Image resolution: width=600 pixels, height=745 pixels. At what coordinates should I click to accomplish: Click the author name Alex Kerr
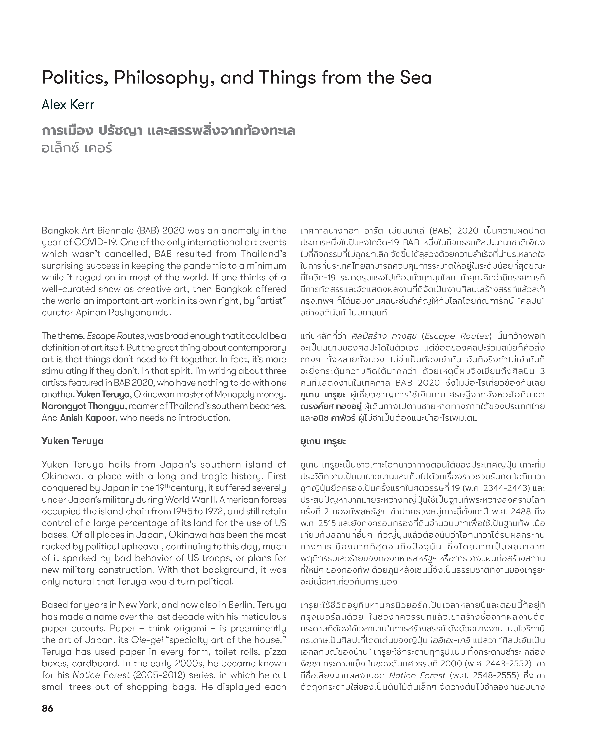pyautogui.click(x=68, y=104)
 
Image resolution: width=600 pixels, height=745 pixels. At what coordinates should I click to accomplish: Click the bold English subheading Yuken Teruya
pyautogui.click(x=73, y=441)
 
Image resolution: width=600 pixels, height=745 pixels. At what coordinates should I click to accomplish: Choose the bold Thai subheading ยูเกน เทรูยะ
pyautogui.click(x=323, y=442)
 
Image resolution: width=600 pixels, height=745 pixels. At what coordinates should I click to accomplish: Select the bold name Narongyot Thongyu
pyautogui.click(x=83, y=406)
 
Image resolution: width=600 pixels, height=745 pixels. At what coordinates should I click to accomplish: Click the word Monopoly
pyautogui.click(x=237, y=394)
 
